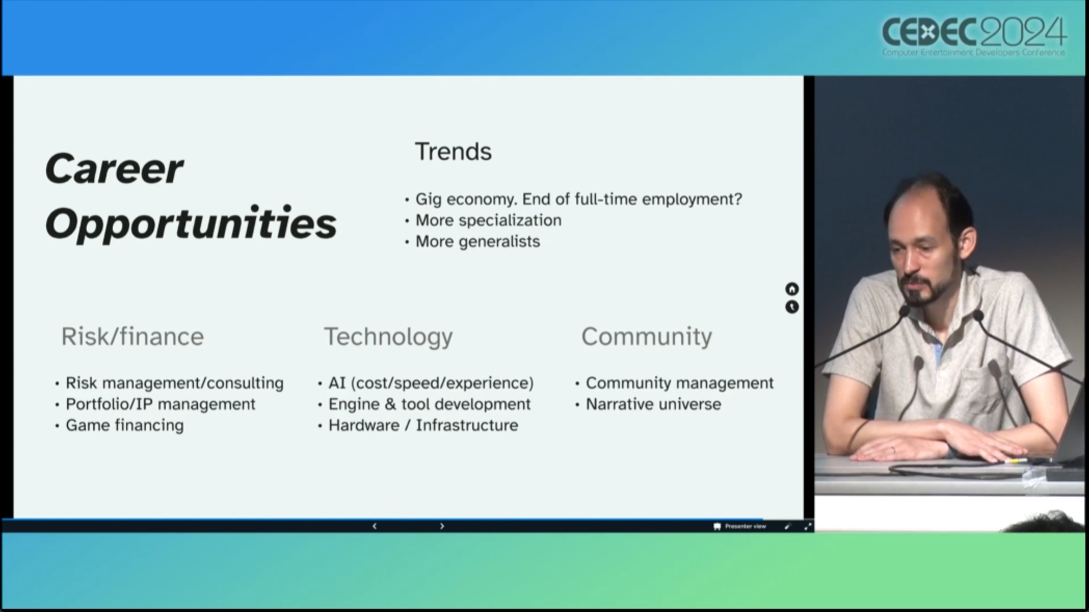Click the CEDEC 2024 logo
[974, 36]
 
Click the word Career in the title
[114, 169]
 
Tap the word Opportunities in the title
[191, 223]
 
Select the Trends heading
[453, 152]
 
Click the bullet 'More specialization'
[488, 220]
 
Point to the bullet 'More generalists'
[477, 242]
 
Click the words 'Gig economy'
[466, 199]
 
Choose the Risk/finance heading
[132, 337]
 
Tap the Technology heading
[389, 337]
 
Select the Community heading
[647, 337]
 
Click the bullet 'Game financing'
[125, 425]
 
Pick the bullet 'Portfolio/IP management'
[161, 404]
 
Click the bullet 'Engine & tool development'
[430, 404]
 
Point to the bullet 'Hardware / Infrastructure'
[423, 425]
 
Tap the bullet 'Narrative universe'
[654, 404]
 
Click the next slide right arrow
[442, 526]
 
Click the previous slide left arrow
[375, 526]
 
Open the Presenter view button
[740, 526]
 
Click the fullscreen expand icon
[808, 526]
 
